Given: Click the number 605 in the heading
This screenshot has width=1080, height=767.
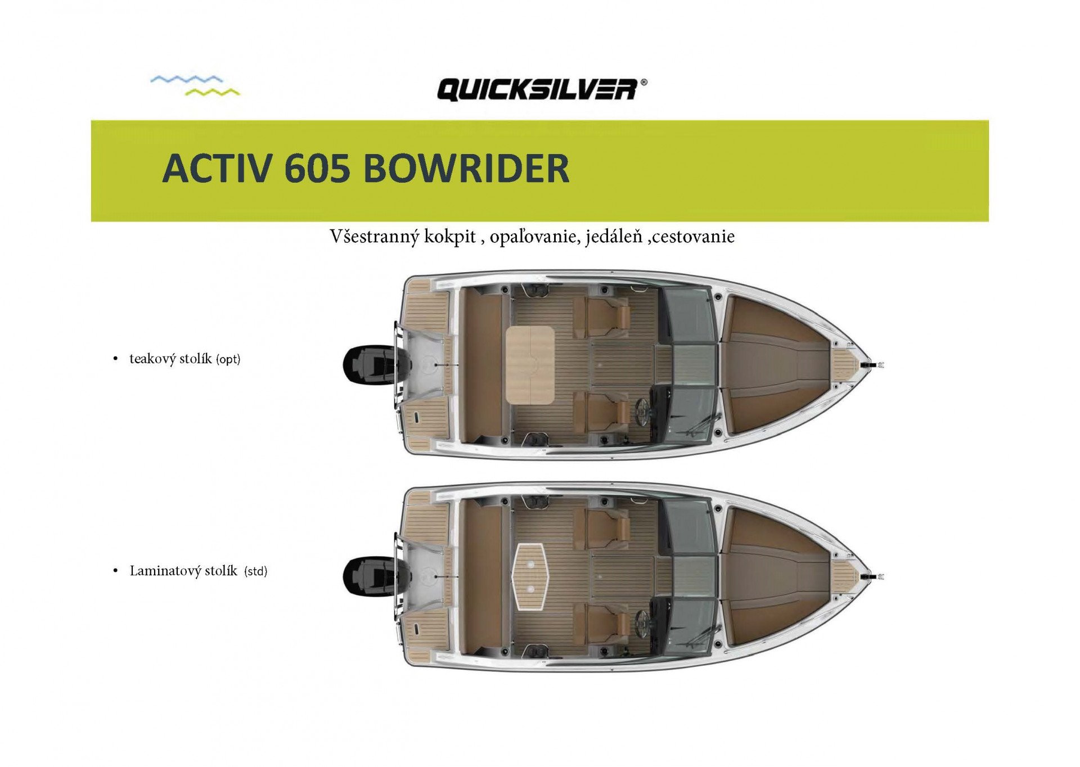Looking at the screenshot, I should point(317,168).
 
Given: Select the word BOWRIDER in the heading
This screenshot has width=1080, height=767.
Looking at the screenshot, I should point(466,168).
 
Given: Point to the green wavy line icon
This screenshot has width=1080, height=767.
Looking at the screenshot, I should point(212,92).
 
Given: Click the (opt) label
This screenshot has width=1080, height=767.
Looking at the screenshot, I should point(228,359).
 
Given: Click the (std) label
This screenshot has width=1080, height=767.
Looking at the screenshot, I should point(255,571).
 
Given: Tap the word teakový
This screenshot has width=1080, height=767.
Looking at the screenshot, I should point(170,359).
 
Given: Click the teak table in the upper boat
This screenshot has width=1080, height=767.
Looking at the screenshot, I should point(530,366).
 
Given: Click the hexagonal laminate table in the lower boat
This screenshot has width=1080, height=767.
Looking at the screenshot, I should point(530,576).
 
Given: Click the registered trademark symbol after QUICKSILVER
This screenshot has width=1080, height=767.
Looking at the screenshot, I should point(643,82).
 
